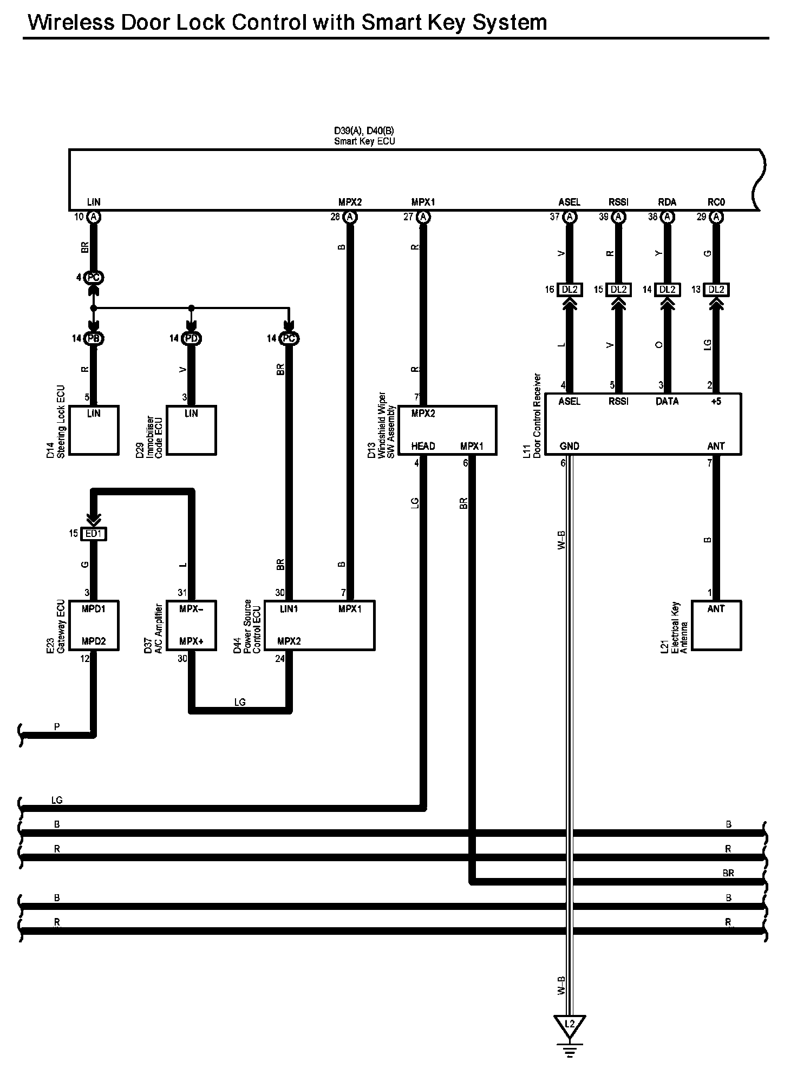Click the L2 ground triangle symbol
569,1025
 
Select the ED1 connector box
93,534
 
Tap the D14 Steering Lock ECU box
94,430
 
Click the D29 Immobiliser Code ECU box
191,430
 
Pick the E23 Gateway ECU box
94,625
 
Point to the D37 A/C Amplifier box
191,625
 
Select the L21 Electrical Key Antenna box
716,625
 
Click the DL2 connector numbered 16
569,290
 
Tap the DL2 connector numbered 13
716,290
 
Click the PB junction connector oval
94,338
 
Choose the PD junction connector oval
191,338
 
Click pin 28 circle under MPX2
350,217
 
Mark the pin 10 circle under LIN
94,217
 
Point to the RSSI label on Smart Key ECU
618,202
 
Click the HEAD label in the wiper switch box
423,446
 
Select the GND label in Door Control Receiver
569,446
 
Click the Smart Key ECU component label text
364,141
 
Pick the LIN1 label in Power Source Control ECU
289,609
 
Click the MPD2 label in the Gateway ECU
94,641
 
